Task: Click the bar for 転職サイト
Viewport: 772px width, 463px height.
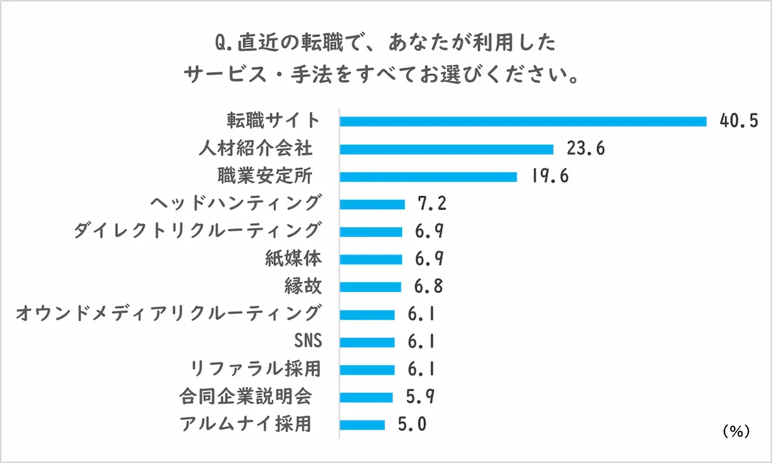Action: [522, 121]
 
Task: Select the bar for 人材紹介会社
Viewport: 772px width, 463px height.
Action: [446, 149]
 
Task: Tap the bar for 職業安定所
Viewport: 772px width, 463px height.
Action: [428, 177]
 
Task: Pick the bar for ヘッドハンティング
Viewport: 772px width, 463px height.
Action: [372, 204]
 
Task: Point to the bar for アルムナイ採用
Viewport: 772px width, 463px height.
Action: [362, 424]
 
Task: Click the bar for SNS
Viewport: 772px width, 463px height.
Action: [367, 342]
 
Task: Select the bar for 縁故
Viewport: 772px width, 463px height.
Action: [370, 287]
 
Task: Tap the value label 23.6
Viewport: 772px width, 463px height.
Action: [585, 149]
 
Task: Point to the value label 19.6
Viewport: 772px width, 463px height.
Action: [549, 177]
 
